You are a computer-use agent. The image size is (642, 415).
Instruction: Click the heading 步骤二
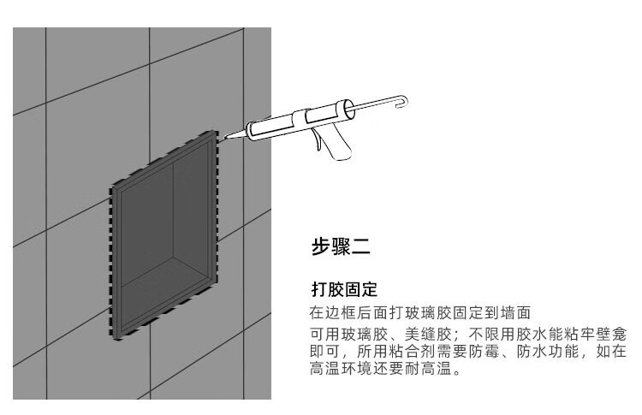340,249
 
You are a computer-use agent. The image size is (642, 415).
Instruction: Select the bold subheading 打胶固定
343,290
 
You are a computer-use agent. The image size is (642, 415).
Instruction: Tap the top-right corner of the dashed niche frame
214,135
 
